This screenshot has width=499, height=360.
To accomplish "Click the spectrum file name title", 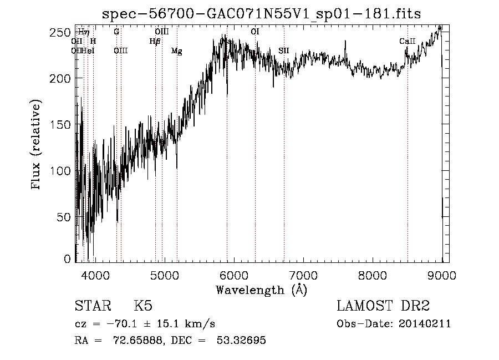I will click(x=261, y=15).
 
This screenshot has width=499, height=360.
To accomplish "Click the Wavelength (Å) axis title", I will click(x=261, y=290).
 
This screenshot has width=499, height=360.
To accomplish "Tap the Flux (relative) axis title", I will click(x=37, y=146).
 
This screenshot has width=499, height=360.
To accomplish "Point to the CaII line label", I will click(x=408, y=42).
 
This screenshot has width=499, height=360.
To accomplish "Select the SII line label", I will click(x=284, y=51).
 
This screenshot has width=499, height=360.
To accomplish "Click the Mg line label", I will click(x=177, y=51).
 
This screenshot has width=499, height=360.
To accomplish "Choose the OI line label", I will click(x=255, y=32).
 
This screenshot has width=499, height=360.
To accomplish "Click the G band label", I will click(x=116, y=32).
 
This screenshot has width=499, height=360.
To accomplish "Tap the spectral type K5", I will click(x=143, y=307).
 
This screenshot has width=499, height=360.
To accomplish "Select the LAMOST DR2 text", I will click(x=383, y=307).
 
